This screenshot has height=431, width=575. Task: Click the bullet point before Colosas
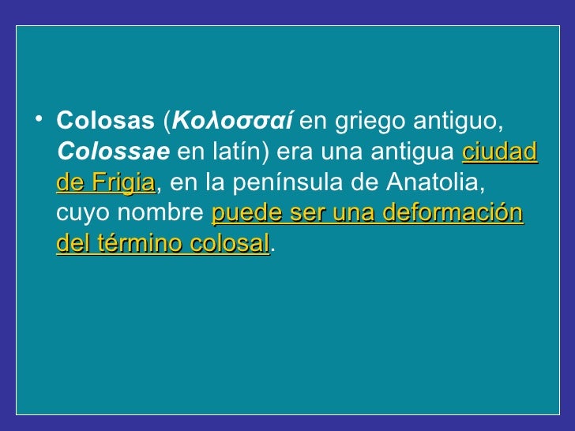pyautogui.click(x=39, y=121)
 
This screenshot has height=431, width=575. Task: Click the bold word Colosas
pyautogui.click(x=105, y=122)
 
